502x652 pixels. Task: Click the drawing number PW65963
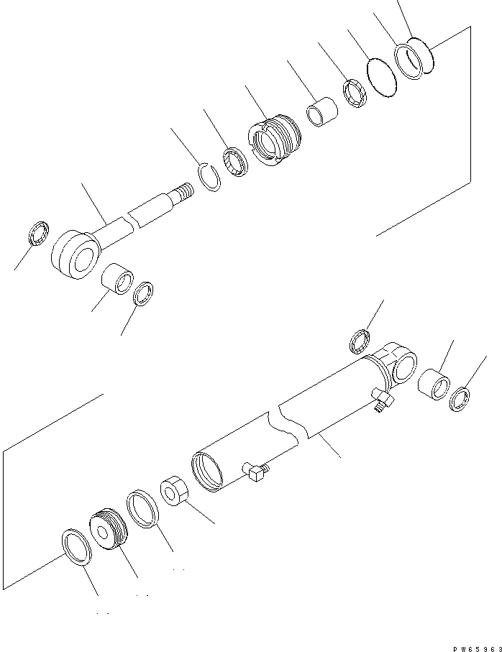[475, 648]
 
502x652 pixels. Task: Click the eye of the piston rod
[74, 252]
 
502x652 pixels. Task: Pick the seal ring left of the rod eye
[39, 235]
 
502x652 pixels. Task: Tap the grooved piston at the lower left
[109, 529]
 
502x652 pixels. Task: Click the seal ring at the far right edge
[460, 398]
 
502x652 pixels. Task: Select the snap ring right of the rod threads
[209, 176]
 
